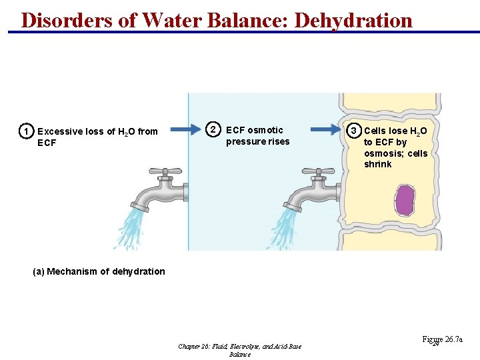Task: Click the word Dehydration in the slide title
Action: click(353, 19)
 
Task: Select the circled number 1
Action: click(25, 131)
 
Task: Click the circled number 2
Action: click(212, 129)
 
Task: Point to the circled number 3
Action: click(355, 130)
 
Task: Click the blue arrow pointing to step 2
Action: click(185, 129)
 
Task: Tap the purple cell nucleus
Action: click(405, 201)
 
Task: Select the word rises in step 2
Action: click(277, 141)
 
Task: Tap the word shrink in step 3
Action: click(377, 165)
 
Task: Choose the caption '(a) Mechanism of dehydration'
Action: click(99, 271)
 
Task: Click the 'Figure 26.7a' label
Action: click(441, 339)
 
